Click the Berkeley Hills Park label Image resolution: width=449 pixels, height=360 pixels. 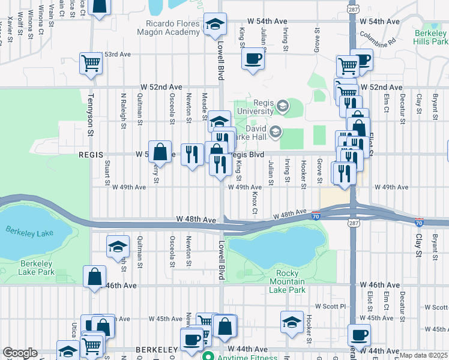pyautogui.click(x=431, y=38)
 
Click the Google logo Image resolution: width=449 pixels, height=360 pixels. pyautogui.click(x=20, y=353)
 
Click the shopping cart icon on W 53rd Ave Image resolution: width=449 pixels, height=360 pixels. pyautogui.click(x=91, y=62)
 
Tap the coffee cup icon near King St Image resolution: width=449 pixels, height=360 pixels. pyautogui.click(x=253, y=59)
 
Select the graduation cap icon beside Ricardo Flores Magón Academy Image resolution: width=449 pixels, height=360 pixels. pyautogui.click(x=215, y=25)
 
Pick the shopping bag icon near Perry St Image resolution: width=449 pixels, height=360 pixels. pyautogui.click(x=160, y=152)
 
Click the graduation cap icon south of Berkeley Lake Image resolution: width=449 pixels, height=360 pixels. pyautogui.click(x=118, y=247)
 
